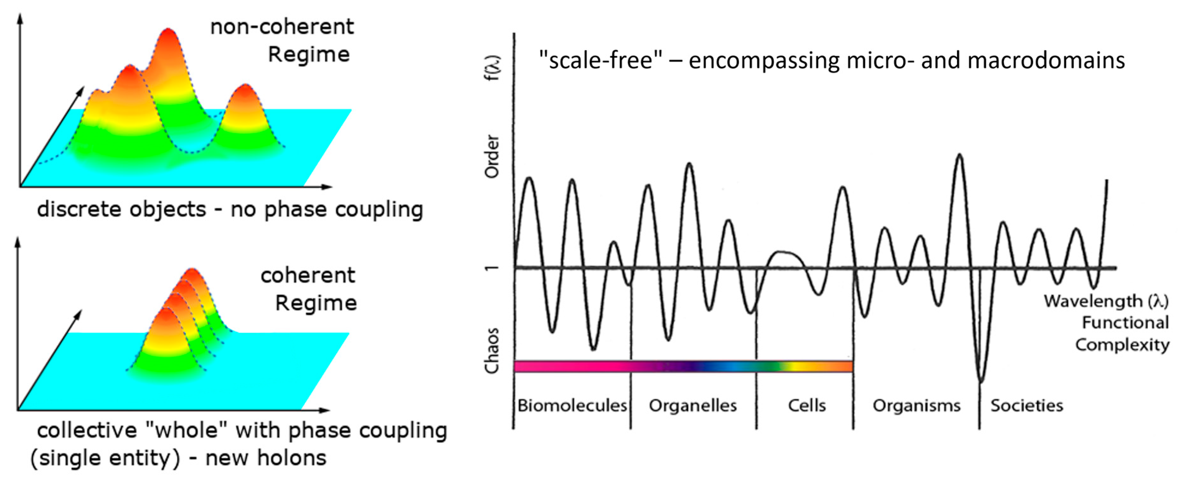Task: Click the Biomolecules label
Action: click(x=572, y=406)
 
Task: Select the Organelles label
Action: click(x=692, y=406)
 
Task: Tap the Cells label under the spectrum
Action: click(x=807, y=406)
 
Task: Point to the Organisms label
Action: click(x=916, y=406)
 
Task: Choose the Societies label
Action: click(x=1027, y=406)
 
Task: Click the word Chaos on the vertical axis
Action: click(x=492, y=351)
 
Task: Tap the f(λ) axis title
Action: click(x=493, y=68)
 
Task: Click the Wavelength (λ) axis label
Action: click(x=1106, y=301)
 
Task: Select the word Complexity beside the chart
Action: click(x=1122, y=345)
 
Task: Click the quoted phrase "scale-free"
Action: click(x=600, y=61)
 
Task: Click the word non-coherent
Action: click(x=282, y=27)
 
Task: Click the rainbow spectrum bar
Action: click(x=683, y=366)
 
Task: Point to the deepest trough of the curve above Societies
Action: click(x=980, y=380)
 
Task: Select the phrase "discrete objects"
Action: click(x=122, y=210)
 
